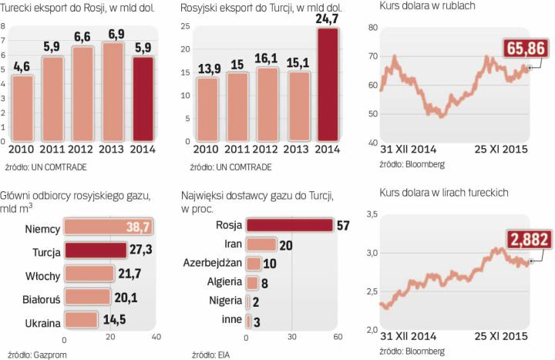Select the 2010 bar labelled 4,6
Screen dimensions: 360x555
[x=23, y=108]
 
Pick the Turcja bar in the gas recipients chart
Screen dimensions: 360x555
[x=95, y=250]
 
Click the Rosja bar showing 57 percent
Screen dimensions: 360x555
[x=288, y=225]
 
